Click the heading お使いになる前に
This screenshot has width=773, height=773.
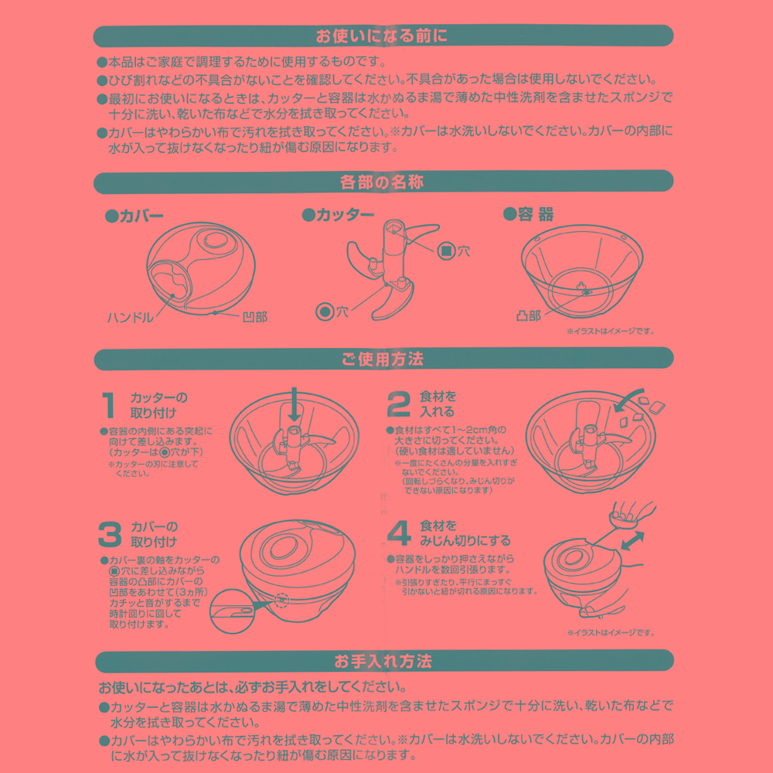pyautogui.click(x=382, y=36)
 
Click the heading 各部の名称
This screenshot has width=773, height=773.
pyautogui.click(x=382, y=182)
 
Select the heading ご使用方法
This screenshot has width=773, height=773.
pyautogui.click(x=382, y=359)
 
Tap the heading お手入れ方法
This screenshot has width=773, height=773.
pyautogui.click(x=383, y=661)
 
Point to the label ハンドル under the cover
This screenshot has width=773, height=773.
pyautogui.click(x=131, y=317)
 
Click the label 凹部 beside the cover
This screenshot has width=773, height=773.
pyautogui.click(x=255, y=317)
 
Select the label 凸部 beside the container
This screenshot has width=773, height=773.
pyautogui.click(x=529, y=315)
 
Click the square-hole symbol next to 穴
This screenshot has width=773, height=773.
pyautogui.click(x=447, y=251)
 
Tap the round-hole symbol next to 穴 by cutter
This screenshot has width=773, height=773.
pyautogui.click(x=325, y=312)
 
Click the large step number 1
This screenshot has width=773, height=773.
pyautogui.click(x=108, y=405)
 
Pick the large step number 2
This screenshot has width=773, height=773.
pyautogui.click(x=398, y=404)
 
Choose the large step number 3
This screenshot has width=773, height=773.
pyautogui.click(x=110, y=534)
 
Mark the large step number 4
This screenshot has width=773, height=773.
pyautogui.click(x=400, y=533)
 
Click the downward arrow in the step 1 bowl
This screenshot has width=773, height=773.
pyautogui.click(x=295, y=404)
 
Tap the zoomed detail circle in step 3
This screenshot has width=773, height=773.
pyautogui.click(x=232, y=611)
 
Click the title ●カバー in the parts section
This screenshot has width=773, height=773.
pyautogui.click(x=134, y=216)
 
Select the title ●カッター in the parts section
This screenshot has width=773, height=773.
pyautogui.click(x=339, y=214)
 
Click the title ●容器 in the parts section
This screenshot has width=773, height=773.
pyautogui.click(x=529, y=214)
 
